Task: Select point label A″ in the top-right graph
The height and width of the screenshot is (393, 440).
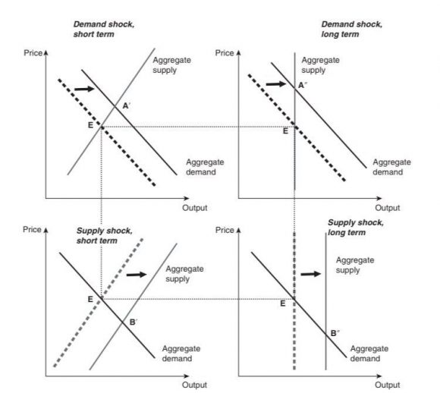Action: [x=302, y=85]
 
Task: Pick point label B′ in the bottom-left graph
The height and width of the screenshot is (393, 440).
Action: [x=134, y=322]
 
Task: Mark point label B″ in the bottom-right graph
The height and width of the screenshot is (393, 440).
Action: [x=335, y=333]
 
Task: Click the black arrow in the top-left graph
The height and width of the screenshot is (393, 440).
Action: [x=83, y=90]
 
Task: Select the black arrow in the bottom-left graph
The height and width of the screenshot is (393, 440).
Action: [x=135, y=274]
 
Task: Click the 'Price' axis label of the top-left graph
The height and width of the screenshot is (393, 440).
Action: [x=33, y=54]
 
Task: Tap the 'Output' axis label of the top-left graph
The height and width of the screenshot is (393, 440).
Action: [x=194, y=207]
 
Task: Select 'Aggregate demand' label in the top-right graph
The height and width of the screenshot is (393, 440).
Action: [x=391, y=167]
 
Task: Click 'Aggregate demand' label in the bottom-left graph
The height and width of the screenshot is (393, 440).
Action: [x=181, y=353]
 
